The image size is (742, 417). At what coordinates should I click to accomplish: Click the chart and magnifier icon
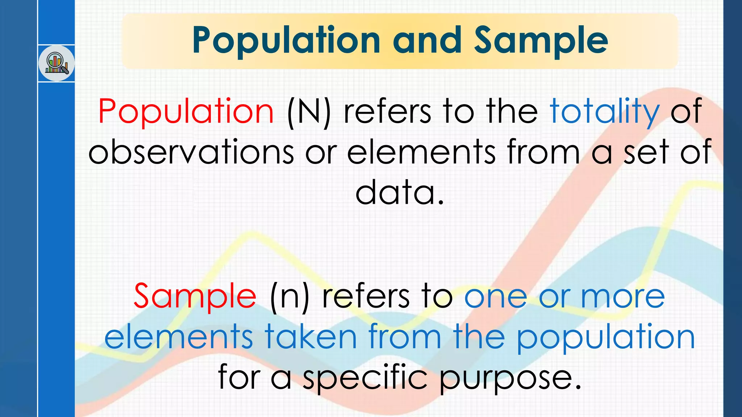57,63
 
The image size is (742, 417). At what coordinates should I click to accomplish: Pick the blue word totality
604,111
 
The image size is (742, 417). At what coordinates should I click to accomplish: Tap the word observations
191,152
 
